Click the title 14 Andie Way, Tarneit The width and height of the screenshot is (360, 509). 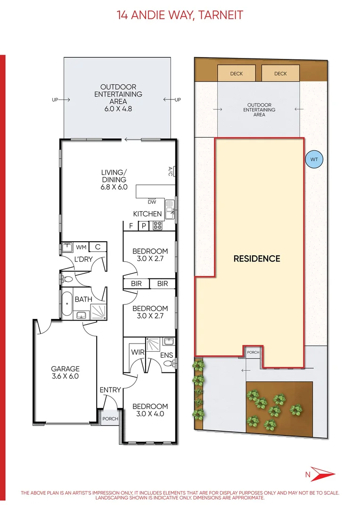point(180,15)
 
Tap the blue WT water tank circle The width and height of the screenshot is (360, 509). point(314,159)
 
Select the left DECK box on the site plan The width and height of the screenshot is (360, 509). point(236,74)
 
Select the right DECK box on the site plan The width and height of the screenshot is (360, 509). point(280,74)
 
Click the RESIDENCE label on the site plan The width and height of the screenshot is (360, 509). point(257,259)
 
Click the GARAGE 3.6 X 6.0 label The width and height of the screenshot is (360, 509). point(65,372)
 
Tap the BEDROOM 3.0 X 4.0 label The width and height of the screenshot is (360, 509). point(150,410)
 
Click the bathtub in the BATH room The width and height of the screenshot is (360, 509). point(66,304)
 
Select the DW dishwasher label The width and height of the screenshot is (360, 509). point(152,202)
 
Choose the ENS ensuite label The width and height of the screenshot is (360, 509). point(166,354)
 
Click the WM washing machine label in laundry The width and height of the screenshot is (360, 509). point(81,247)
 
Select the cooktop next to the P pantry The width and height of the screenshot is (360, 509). point(157,226)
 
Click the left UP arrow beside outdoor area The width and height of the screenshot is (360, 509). point(61,100)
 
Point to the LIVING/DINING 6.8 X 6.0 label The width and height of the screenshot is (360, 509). point(114,176)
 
